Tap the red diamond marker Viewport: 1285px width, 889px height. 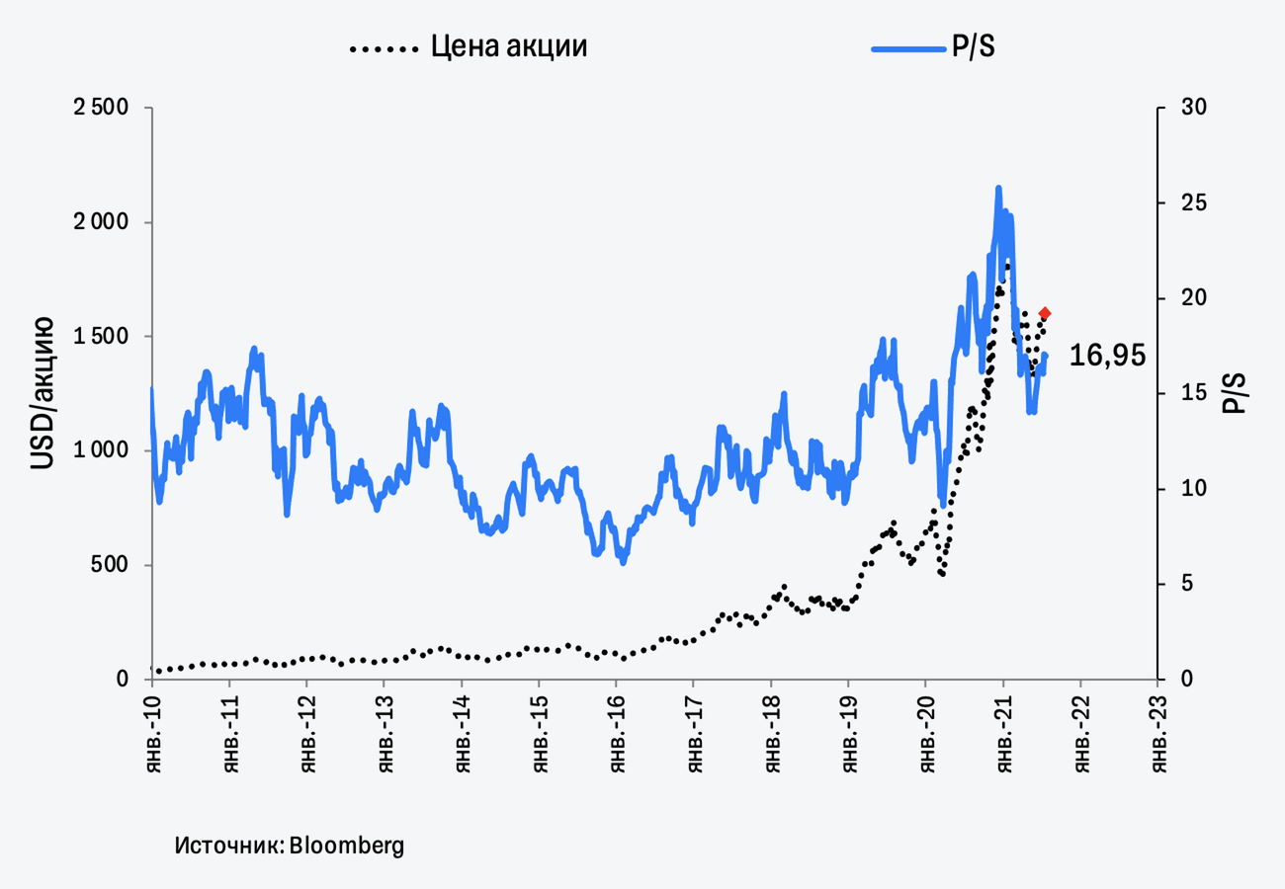point(1045,313)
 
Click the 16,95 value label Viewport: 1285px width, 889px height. point(1108,357)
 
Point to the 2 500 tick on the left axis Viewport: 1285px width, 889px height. point(103,108)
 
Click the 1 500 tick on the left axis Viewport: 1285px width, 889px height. point(103,337)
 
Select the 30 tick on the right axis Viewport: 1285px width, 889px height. point(1184,108)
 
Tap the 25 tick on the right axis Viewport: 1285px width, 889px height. point(1184,203)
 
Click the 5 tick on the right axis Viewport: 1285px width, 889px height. point(1177,585)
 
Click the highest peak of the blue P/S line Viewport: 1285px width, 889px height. point(998,187)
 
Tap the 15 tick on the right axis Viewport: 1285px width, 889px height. point(1184,394)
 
